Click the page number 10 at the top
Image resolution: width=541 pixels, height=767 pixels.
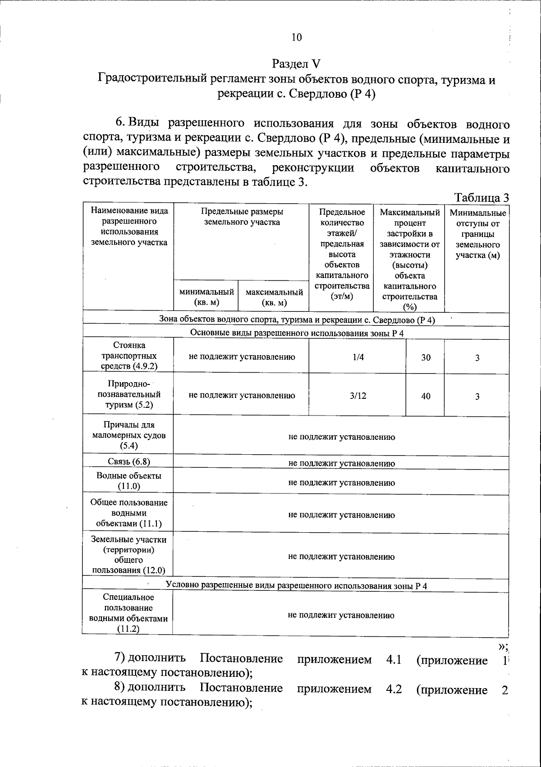(297, 37)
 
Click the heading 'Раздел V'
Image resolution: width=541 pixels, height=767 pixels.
(296, 64)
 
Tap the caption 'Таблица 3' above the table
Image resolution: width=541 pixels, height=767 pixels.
(482, 197)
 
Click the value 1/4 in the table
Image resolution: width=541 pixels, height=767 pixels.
(358, 357)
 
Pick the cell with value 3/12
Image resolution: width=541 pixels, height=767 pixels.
(358, 396)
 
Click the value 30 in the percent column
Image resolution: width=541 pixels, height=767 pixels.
(426, 357)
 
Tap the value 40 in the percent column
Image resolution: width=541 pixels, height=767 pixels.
(426, 396)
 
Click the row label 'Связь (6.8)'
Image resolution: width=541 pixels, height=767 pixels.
(128, 461)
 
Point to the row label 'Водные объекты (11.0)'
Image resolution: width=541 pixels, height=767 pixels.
(128, 481)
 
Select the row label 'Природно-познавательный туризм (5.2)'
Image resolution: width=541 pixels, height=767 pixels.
(128, 394)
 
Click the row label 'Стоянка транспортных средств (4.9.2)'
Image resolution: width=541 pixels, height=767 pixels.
(128, 356)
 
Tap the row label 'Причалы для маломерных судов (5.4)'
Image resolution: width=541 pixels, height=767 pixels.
(128, 435)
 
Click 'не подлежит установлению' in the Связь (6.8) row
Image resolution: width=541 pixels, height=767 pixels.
(341, 463)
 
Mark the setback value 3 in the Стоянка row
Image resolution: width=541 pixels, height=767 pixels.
(477, 358)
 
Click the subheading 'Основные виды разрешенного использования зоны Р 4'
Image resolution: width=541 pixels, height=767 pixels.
(297, 333)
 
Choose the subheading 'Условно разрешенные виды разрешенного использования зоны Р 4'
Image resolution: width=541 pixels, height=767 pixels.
(296, 585)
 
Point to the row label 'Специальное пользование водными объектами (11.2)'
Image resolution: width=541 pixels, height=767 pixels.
(128, 613)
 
